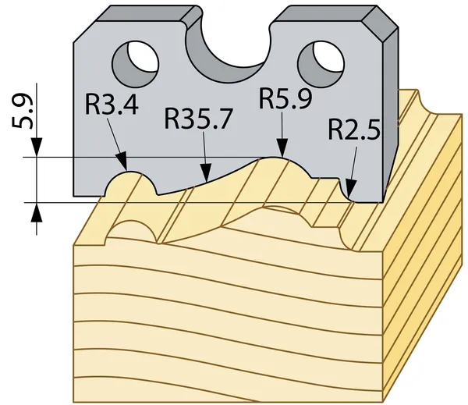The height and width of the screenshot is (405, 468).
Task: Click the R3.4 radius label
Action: tap(112, 105)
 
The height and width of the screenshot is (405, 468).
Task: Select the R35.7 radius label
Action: tap(198, 119)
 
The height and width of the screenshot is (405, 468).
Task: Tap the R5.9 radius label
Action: tap(285, 98)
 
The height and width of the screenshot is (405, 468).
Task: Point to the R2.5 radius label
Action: tap(354, 130)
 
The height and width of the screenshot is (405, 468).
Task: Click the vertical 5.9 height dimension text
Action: tap(22, 112)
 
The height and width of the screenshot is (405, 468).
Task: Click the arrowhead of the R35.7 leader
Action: tap(206, 173)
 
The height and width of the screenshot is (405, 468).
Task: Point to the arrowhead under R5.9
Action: tap(282, 147)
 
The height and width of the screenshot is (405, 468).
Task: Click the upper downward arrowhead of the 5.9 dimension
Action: tap(37, 147)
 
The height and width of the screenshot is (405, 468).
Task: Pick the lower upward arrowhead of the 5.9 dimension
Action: tap(37, 212)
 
